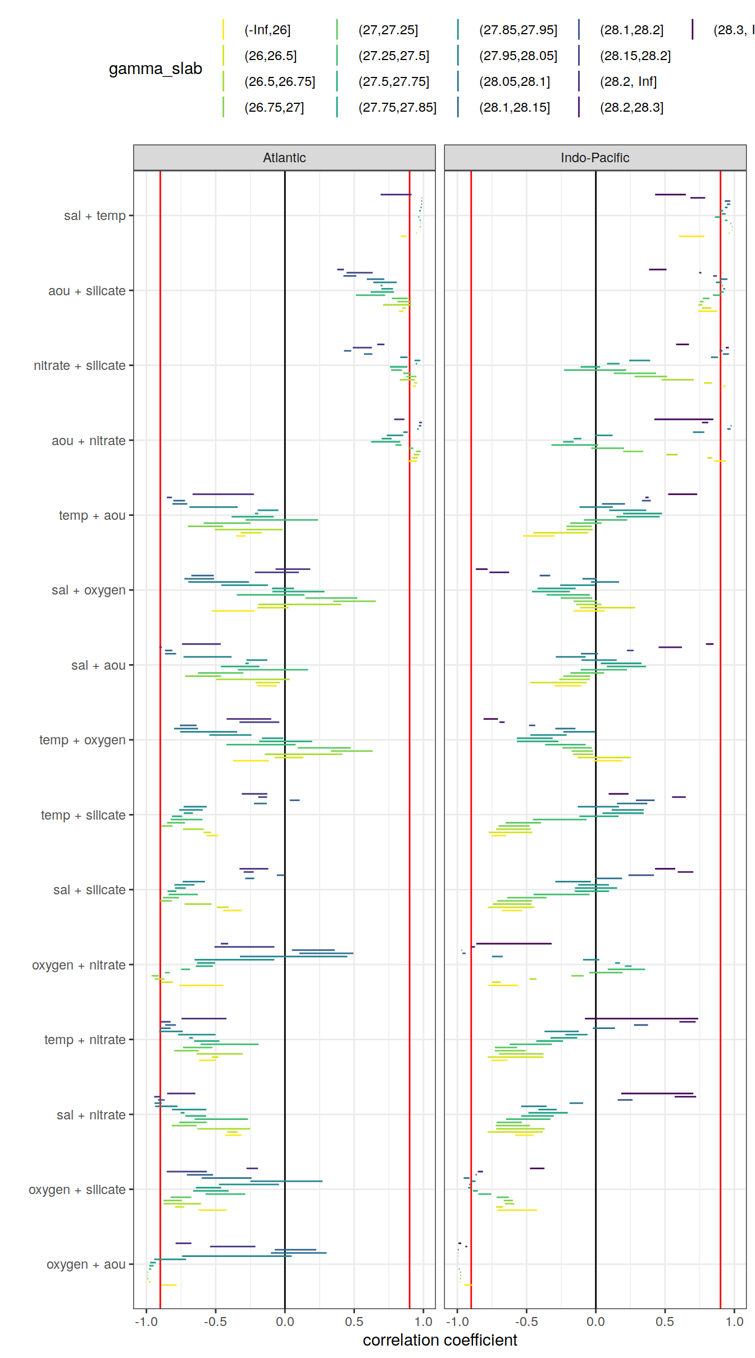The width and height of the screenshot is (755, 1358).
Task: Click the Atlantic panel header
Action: pyautogui.click(x=284, y=158)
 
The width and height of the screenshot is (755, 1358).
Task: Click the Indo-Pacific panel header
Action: pyautogui.click(x=595, y=158)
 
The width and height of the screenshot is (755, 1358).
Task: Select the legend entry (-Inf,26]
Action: pyautogui.click(x=267, y=30)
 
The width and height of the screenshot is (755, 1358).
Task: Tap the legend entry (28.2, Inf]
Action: pyautogui.click(x=628, y=81)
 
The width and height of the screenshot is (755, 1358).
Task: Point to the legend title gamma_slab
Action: pyautogui.click(x=155, y=68)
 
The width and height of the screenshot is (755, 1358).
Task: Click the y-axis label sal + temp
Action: pyautogui.click(x=94, y=216)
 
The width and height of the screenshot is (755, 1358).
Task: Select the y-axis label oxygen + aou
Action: pyautogui.click(x=86, y=1264)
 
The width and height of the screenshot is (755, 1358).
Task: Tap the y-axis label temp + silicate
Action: pyautogui.click(x=83, y=815)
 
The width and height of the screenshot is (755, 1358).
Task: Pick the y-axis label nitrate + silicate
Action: pyautogui.click(x=79, y=365)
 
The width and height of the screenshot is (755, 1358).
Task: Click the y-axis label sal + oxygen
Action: pyautogui.click(x=88, y=590)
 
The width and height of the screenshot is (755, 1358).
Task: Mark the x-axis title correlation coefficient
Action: pyautogui.click(x=440, y=1340)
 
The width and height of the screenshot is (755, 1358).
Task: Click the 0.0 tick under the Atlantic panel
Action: pyautogui.click(x=285, y=1322)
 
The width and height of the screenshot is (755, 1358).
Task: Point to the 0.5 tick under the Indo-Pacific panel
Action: pyautogui.click(x=665, y=1322)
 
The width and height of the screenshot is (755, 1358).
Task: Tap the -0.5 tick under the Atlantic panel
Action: pyautogui.click(x=215, y=1322)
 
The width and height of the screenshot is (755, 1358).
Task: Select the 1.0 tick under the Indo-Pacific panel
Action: pyautogui.click(x=734, y=1322)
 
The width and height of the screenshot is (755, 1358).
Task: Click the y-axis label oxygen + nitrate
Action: pyautogui.click(x=79, y=965)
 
